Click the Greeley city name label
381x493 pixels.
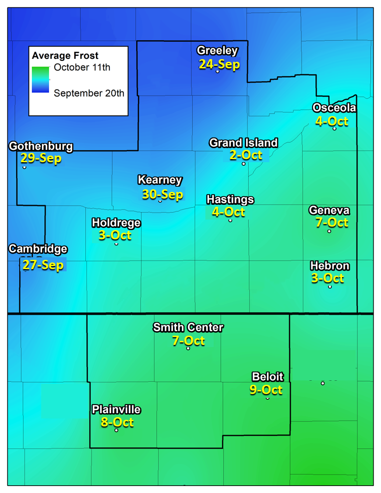pos(217,51)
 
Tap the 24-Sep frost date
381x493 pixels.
pos(219,64)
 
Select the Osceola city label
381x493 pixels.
pos(334,108)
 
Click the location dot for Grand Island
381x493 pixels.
pos(244,163)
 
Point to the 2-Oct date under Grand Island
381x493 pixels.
pos(246,155)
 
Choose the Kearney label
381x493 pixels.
pos(160,180)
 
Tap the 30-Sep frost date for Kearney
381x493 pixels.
pos(162,194)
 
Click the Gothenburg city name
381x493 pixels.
pos(41,146)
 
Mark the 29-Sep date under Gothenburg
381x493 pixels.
pos(41,158)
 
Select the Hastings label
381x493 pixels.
pos(230,199)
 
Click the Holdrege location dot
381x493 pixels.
pos(116,244)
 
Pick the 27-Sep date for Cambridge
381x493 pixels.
pos(43,265)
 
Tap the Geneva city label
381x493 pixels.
pos(329,210)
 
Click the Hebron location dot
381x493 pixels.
pos(330,287)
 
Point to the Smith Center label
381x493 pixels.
pos(188,327)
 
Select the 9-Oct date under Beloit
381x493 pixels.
pos(266,389)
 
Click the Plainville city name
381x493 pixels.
pos(116,410)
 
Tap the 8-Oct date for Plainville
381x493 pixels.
pos(117,422)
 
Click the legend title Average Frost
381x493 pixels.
pos(65,56)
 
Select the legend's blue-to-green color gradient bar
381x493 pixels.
pos(40,80)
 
